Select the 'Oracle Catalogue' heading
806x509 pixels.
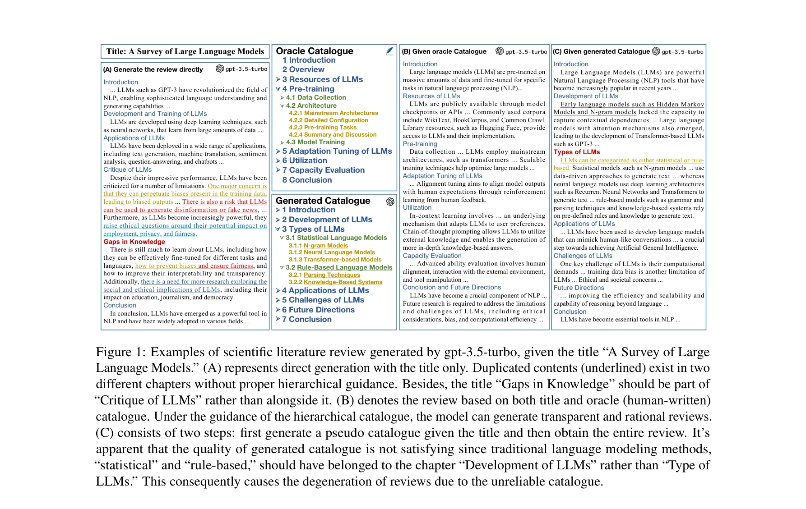click(x=315, y=51)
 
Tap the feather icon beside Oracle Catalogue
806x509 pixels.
click(x=389, y=51)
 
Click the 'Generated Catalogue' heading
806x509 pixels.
click(x=323, y=201)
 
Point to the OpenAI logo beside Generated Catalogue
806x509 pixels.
click(x=390, y=202)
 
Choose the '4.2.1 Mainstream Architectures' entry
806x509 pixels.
click(x=333, y=113)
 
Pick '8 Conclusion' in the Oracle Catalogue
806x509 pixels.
click(x=307, y=180)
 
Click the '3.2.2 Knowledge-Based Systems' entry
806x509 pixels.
click(x=335, y=282)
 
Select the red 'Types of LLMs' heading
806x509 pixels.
click(x=577, y=152)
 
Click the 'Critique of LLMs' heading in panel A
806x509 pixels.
click(x=127, y=170)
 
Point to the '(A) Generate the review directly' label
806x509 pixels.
click(x=153, y=69)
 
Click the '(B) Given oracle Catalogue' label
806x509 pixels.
click(x=444, y=51)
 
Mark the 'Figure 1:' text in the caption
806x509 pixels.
click(x=120, y=352)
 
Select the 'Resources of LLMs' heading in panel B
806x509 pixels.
click(x=431, y=96)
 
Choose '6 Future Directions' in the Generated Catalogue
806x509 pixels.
click(x=318, y=310)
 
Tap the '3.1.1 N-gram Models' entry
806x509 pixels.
click(x=318, y=246)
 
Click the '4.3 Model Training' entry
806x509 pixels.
click(x=315, y=142)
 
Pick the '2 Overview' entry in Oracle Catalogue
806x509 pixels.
click(x=303, y=69)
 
